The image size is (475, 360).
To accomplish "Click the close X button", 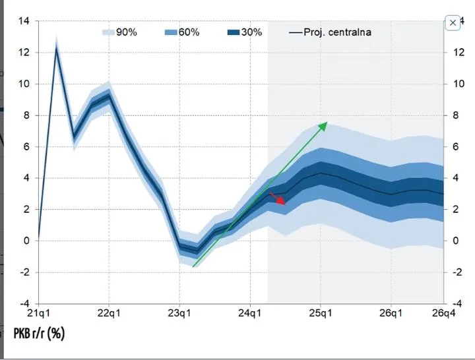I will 453,22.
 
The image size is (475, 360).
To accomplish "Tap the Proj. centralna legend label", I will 337,32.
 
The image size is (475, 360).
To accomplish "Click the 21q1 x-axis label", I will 39,313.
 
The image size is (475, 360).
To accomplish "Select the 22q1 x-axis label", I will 108,313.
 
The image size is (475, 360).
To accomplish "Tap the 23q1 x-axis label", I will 179,313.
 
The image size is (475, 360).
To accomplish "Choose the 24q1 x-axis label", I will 250,313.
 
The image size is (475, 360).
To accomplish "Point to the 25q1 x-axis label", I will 321,313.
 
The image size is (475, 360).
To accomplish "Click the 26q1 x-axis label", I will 391,313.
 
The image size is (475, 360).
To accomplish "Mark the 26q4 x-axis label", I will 443,313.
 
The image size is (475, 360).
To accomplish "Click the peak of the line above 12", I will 57,48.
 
